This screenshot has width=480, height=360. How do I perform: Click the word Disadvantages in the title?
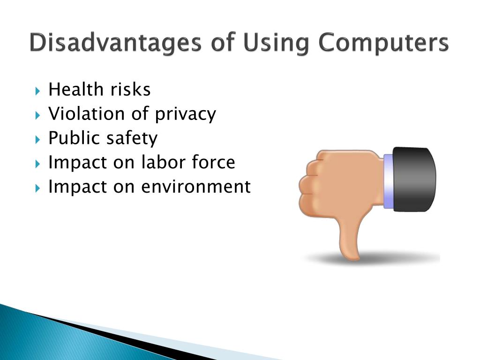pos(115,43)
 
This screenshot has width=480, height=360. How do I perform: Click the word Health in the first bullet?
pos(76,90)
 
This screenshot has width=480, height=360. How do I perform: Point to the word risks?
pos(130,90)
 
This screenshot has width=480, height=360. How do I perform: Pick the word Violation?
pos(86,113)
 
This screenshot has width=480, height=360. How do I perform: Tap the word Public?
pos(74,138)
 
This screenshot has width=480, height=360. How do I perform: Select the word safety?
pos(132,139)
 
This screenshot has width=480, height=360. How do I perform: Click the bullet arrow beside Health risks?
pos(37,91)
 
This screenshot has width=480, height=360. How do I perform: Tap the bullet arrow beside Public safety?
pos(37,140)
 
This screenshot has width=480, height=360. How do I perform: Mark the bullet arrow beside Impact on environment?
pos(37,188)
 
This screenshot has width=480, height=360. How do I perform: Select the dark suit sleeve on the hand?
pos(414,179)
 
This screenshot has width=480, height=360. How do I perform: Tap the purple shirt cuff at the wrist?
pos(388,181)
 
